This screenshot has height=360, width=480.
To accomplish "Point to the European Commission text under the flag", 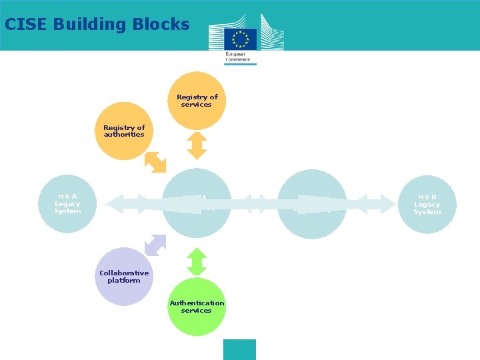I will tap(239, 56).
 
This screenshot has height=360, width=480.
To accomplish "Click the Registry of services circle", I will tap(197, 100).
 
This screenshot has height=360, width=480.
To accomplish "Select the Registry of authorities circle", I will tap(124, 131).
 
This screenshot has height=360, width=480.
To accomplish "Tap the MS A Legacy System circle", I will tap(67, 204).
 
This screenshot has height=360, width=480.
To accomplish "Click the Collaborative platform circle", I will tap(124, 277).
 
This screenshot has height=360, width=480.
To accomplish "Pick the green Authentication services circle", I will tap(197, 307).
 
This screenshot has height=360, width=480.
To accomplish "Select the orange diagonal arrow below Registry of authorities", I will tap(156, 161).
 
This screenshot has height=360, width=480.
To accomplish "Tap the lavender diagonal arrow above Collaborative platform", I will tap(156, 245).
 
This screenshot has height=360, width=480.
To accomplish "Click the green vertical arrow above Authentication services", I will tap(197, 261).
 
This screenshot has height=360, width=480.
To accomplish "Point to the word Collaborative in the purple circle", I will tap(124, 273).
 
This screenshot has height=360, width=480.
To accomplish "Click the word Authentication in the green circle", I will tap(197, 303).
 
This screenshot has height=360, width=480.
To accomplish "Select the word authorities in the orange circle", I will tap(124, 134).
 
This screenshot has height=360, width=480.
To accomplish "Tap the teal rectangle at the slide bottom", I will tap(239, 349).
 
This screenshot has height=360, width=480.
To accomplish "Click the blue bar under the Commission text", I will tap(240, 64).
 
